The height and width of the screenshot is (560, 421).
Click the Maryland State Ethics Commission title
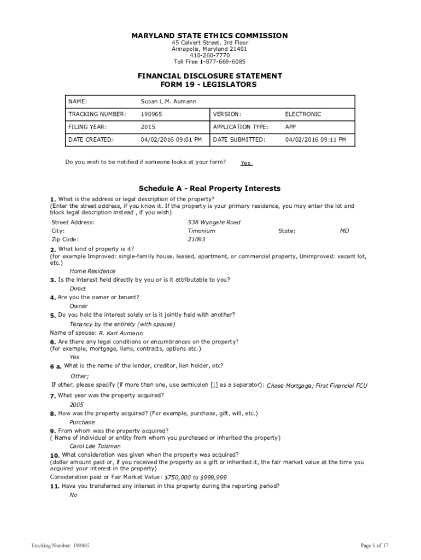pyautogui.click(x=209, y=36)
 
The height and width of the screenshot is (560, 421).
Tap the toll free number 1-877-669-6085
pyautogui.click(x=209, y=62)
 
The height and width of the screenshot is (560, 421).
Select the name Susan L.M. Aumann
pyautogui.click(x=168, y=102)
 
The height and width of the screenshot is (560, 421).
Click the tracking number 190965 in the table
pyautogui.click(x=151, y=114)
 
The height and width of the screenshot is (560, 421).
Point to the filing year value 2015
pyautogui.click(x=148, y=127)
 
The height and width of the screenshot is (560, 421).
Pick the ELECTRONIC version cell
pyautogui.click(x=303, y=114)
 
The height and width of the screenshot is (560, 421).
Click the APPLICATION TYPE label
pyautogui.click(x=241, y=127)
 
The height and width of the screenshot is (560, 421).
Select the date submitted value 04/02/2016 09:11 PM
pyautogui.click(x=315, y=139)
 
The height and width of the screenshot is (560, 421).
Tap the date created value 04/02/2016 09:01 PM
pyautogui.click(x=171, y=139)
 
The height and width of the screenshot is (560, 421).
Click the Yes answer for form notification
pyautogui.click(x=246, y=163)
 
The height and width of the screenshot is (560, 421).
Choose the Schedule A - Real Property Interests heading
pyautogui.click(x=210, y=188)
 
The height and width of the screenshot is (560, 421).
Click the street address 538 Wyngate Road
pyautogui.click(x=214, y=223)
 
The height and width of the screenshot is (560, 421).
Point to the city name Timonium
pyautogui.click(x=201, y=231)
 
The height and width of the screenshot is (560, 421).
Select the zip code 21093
pyautogui.click(x=196, y=240)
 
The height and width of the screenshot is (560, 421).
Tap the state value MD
pyautogui.click(x=344, y=231)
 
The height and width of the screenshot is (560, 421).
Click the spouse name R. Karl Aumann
pyautogui.click(x=121, y=333)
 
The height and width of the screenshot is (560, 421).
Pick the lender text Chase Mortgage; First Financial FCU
pyautogui.click(x=317, y=386)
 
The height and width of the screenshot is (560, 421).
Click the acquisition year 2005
pyautogui.click(x=77, y=405)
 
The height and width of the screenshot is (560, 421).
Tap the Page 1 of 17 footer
pyautogui.click(x=375, y=545)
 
